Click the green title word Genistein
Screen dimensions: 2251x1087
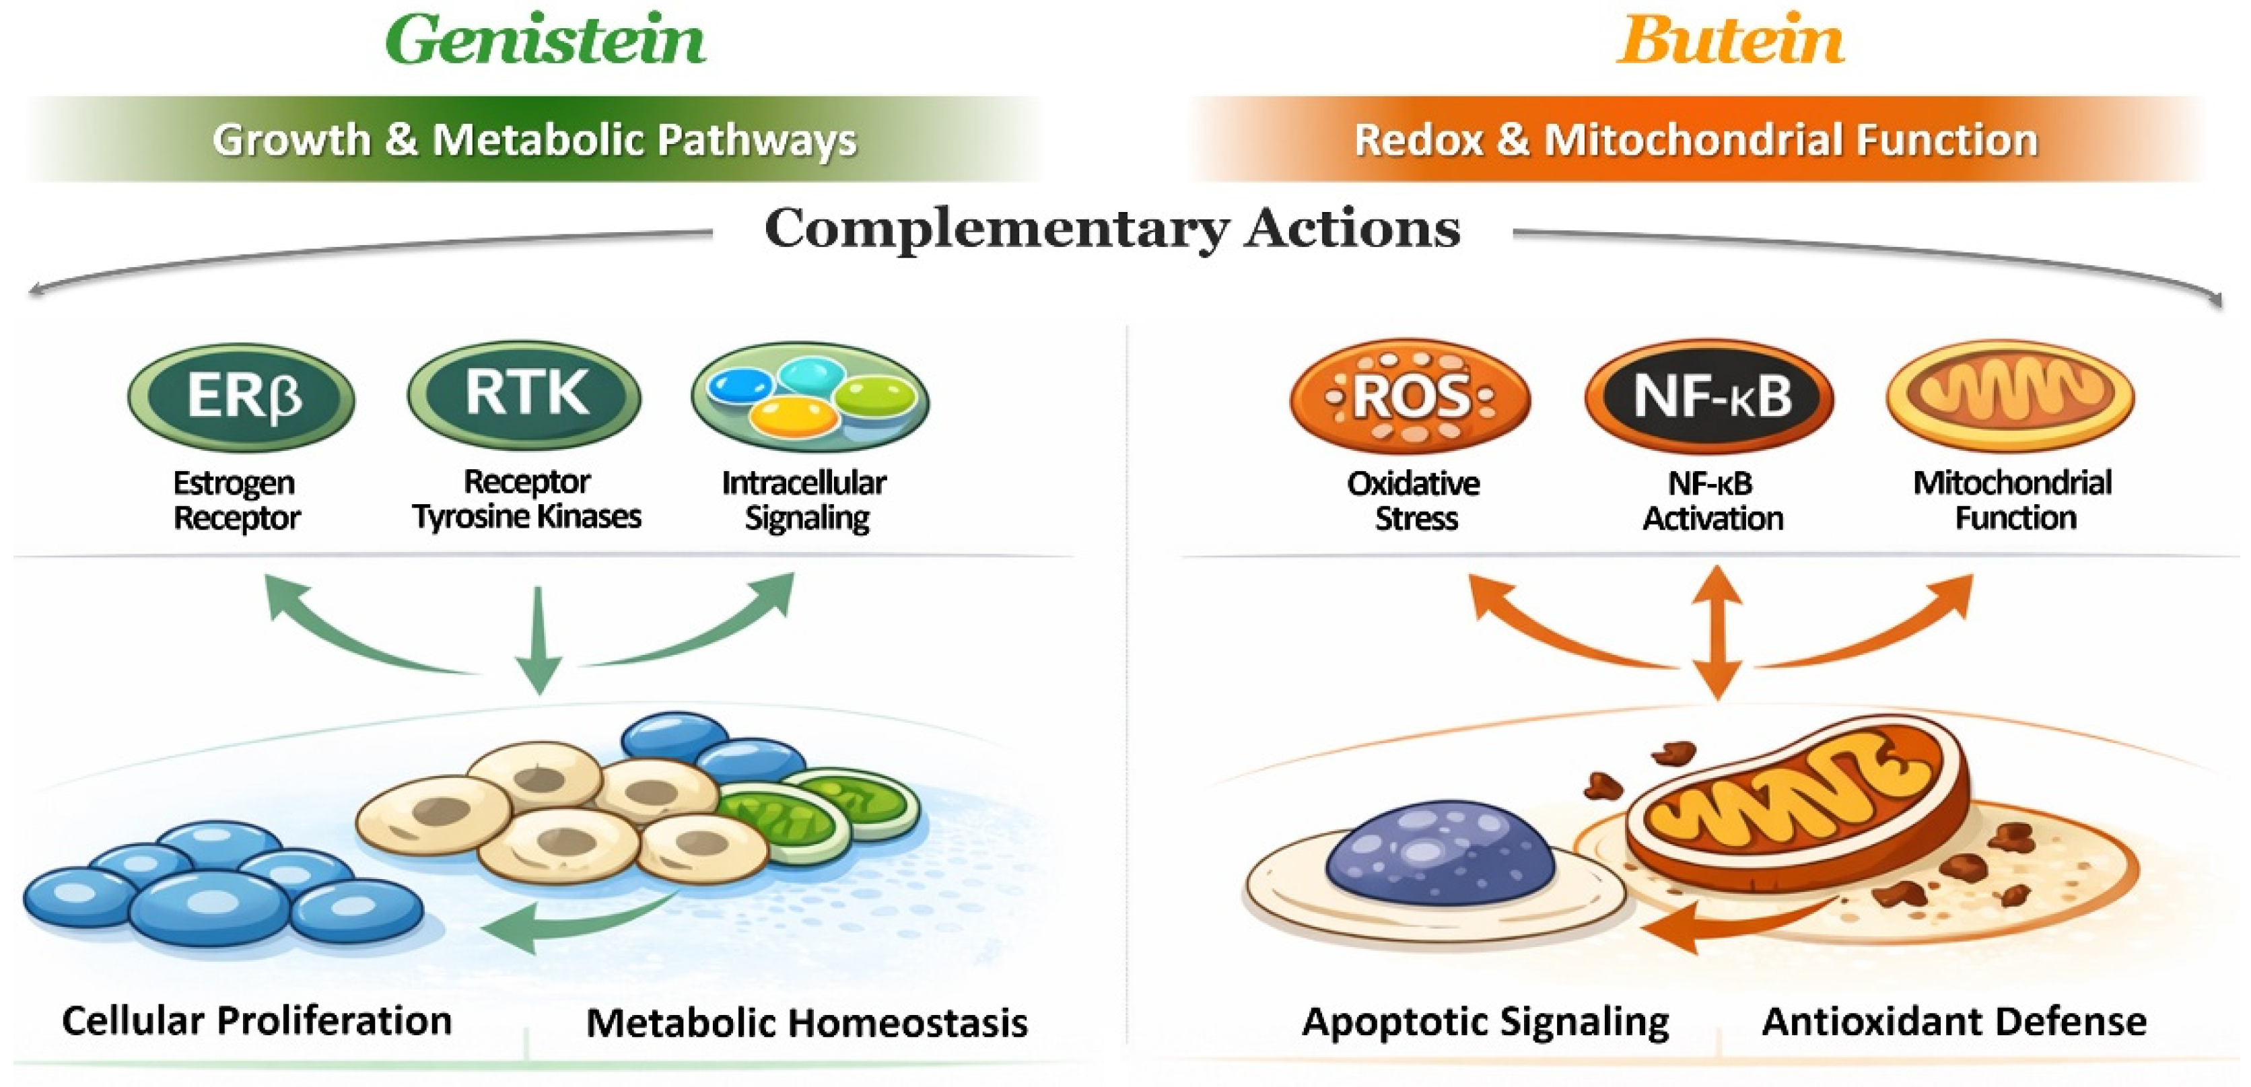(545, 41)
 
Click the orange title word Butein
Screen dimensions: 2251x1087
(1729, 41)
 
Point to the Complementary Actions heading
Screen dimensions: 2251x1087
(1111, 229)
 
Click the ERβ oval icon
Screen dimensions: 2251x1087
(241, 396)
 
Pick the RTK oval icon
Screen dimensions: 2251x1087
(524, 395)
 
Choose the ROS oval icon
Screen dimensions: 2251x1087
(1410, 396)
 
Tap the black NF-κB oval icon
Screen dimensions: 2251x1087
(1709, 396)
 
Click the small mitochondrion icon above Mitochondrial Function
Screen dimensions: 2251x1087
(2010, 395)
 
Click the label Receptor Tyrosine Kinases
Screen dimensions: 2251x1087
(527, 499)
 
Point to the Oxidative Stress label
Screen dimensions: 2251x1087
(1414, 501)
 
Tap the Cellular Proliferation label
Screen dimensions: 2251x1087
(257, 1020)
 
